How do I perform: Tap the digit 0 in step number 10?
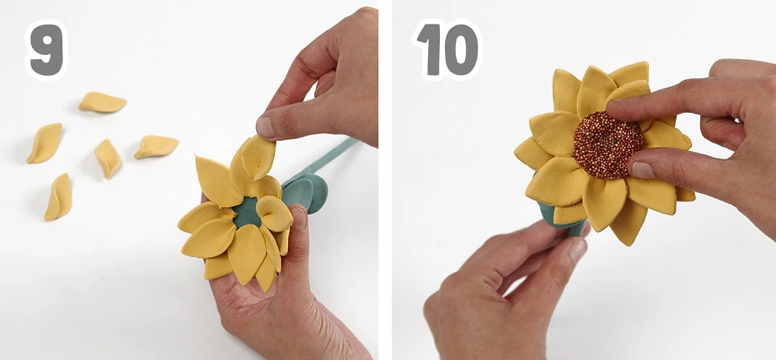point(461,50)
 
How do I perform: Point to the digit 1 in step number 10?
point(430,50)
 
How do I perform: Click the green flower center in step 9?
point(247,212)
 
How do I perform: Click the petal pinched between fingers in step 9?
point(257,158)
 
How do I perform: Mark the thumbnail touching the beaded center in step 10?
point(643,169)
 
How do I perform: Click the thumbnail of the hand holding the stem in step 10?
point(578,250)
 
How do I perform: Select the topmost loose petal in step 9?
point(102,102)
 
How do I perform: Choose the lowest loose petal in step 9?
point(58,197)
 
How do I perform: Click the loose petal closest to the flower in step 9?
point(156,147)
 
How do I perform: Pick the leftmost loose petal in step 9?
point(45,143)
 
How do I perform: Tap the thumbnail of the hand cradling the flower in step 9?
point(299,218)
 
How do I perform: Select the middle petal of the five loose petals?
point(108,159)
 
